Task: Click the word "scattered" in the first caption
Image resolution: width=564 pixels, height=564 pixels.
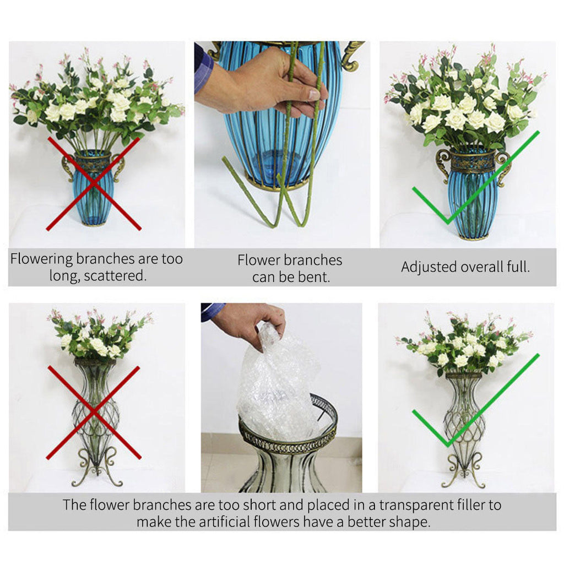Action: [117, 275]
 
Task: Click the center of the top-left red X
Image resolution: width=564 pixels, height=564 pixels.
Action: [94, 183]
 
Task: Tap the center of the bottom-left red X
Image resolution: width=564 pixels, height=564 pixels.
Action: [94, 412]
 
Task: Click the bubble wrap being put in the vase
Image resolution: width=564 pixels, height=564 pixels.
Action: [278, 386]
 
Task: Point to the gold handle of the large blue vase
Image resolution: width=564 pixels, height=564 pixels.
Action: [351, 55]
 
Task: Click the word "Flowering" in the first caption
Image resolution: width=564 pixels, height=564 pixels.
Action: [41, 259]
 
